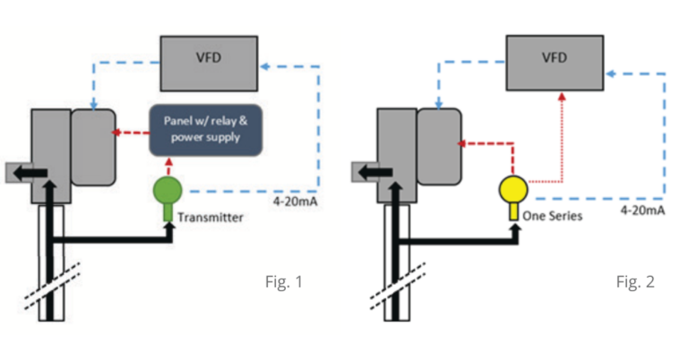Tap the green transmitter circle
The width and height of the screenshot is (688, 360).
168,192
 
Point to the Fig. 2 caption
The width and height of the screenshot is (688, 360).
635,282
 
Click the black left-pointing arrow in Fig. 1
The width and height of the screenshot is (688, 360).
30,170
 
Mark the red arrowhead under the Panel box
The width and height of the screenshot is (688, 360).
168,165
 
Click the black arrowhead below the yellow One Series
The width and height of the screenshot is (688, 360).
512,225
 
